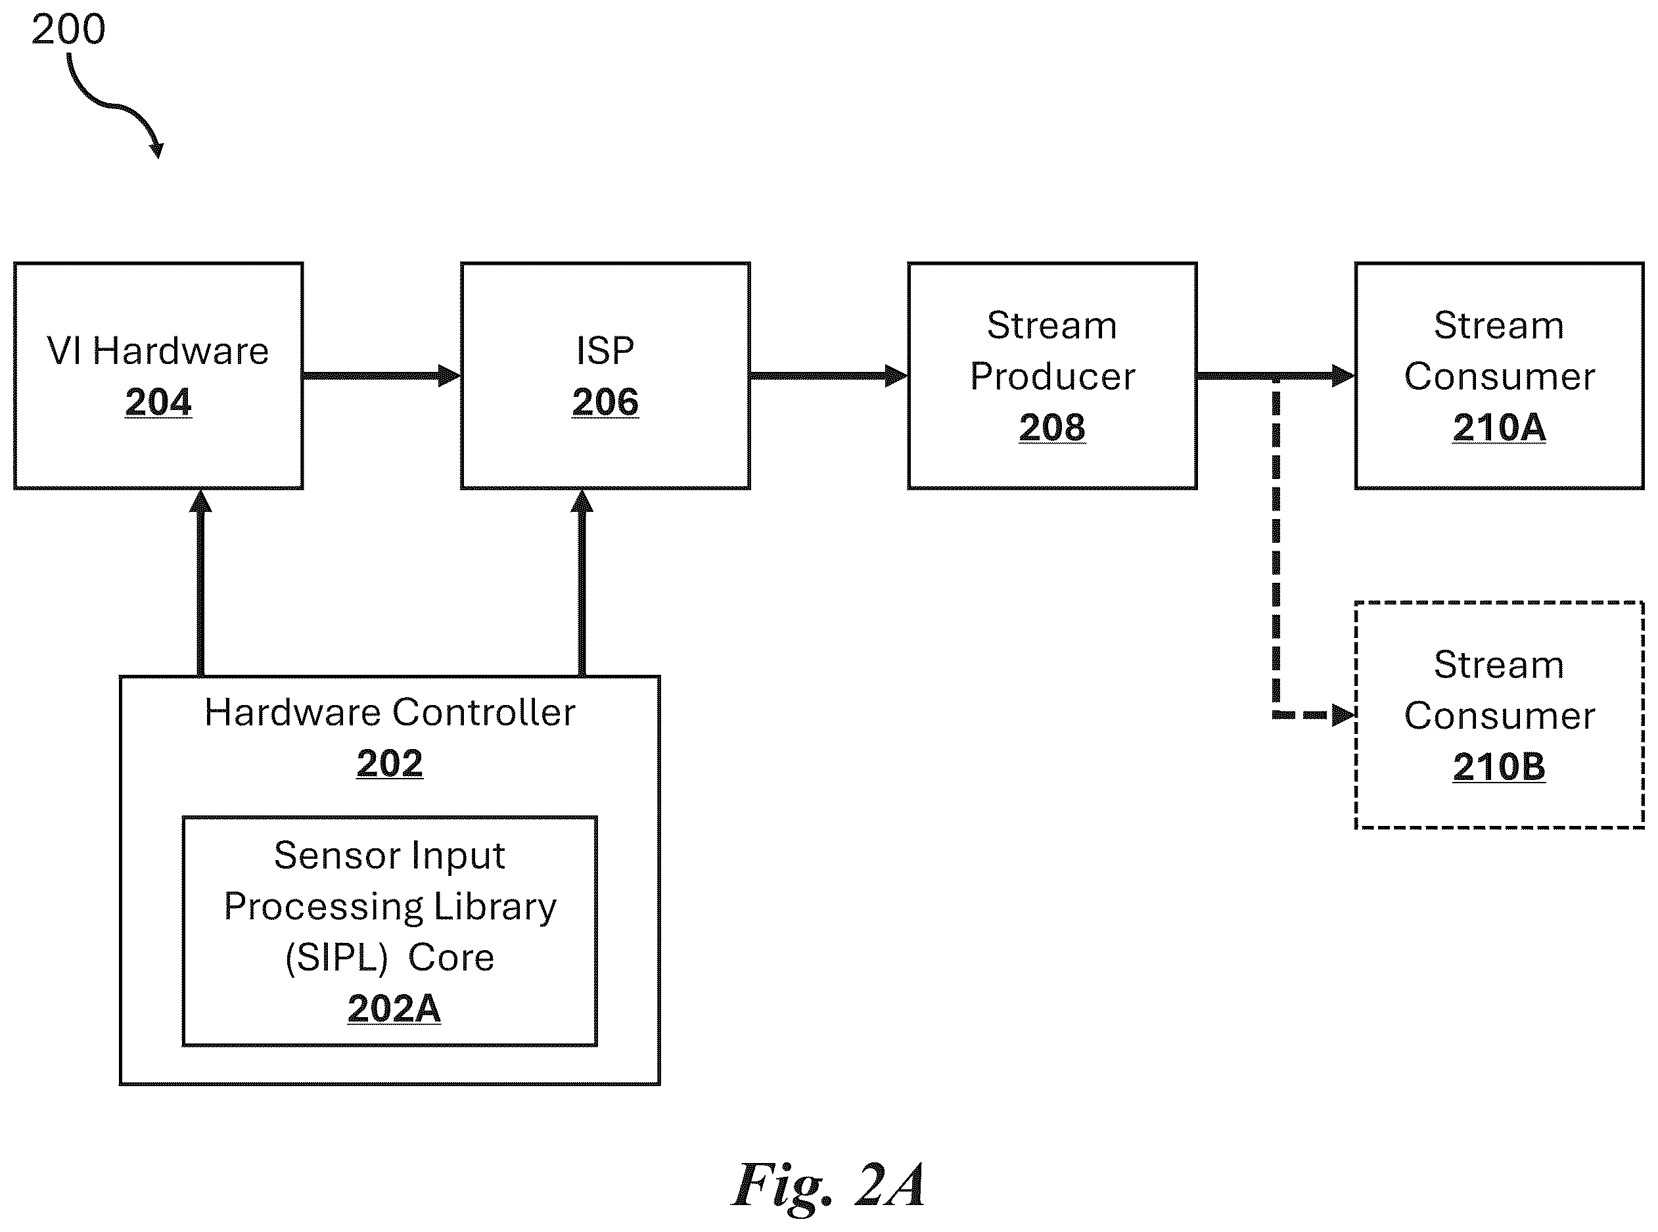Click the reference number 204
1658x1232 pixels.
coord(158,402)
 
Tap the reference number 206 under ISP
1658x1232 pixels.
coord(605,402)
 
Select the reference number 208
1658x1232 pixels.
coord(1052,427)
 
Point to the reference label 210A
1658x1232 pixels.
coord(1499,427)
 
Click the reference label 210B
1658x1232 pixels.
coord(1499,767)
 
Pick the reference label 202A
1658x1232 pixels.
coord(394,1009)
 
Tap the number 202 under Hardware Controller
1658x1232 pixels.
coord(389,763)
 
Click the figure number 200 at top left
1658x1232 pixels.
coord(68,30)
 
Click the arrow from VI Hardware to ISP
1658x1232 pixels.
coord(382,375)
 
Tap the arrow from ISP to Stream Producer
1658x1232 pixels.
coord(829,375)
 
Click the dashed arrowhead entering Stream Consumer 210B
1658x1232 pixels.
coord(1343,715)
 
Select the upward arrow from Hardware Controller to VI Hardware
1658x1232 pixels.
coord(200,582)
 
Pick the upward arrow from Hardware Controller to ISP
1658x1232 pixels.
coord(582,582)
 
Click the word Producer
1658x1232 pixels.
coord(1052,376)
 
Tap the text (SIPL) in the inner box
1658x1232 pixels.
coord(336,957)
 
